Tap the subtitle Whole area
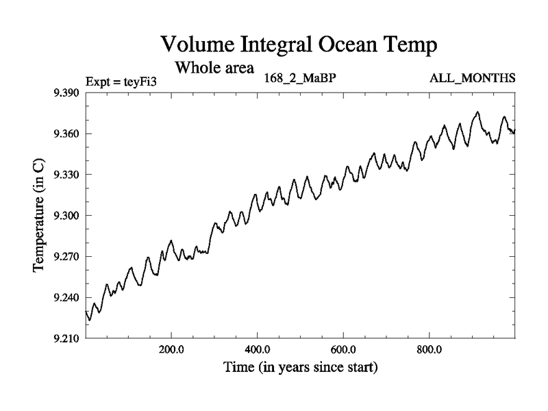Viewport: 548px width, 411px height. (x=214, y=68)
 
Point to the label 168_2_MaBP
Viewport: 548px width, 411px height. (x=300, y=78)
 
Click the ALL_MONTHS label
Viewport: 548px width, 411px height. (x=472, y=78)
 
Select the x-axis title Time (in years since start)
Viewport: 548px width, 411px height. (x=300, y=367)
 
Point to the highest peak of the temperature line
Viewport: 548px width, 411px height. (x=477, y=112)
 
